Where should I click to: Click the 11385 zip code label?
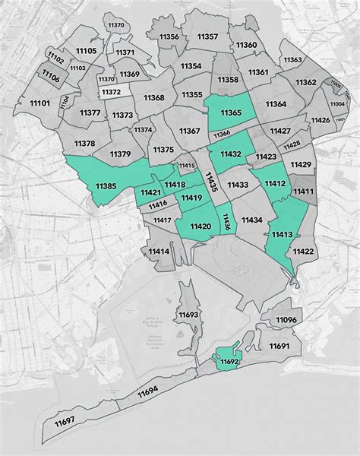106,187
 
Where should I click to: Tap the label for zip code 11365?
231,113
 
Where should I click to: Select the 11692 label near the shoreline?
228,363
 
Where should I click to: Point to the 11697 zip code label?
65,420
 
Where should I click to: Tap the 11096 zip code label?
286,321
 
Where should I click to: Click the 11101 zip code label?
39,103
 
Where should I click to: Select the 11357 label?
207,36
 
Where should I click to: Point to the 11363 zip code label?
292,59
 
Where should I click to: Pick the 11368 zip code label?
153,97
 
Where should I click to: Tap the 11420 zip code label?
201,226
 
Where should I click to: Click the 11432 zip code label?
231,154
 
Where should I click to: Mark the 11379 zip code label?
121,154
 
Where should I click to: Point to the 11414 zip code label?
159,251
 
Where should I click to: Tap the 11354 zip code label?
191,66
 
